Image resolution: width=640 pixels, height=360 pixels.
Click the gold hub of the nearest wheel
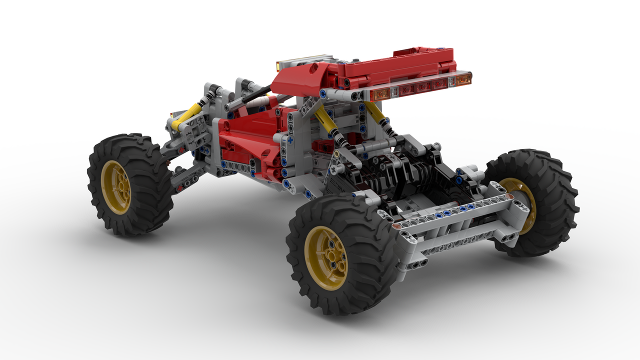pyautogui.click(x=326, y=258)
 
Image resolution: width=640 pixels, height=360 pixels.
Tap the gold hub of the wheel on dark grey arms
pyautogui.click(x=116, y=187)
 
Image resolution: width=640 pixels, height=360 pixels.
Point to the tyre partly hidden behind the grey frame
pyautogui.click(x=537, y=200)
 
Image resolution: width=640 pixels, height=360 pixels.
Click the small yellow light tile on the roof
pyautogui.click(x=279, y=65)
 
